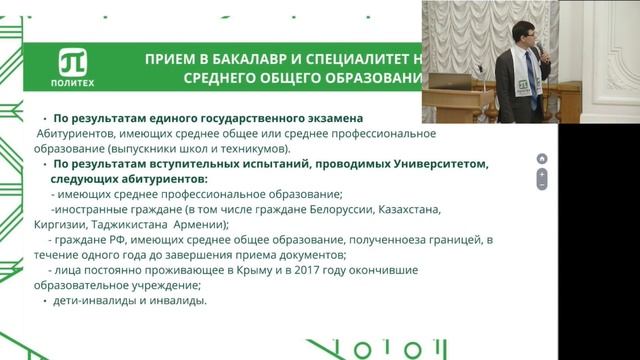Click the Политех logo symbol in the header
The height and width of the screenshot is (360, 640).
point(73,59)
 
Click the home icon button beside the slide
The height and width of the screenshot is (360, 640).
point(542,158)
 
